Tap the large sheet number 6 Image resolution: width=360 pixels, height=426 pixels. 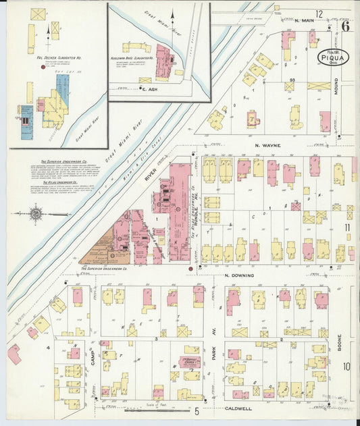(345, 26)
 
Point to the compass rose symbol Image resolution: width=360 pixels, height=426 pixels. (38, 215)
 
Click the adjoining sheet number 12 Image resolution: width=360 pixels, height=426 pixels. (318, 14)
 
